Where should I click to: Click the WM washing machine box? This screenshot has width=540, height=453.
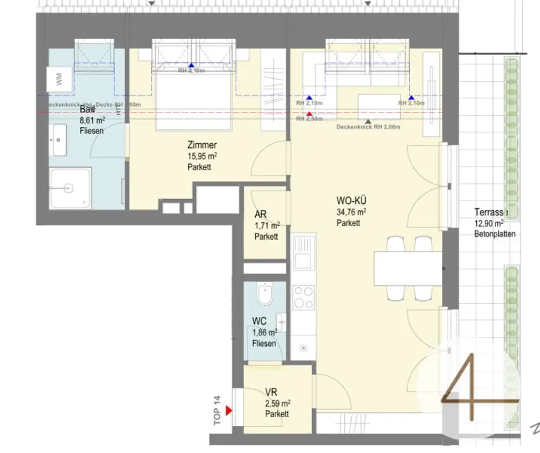[x=59, y=81]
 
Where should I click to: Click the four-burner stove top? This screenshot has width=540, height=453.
[x=303, y=297]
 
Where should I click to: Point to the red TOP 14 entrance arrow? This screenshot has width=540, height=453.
[x=229, y=410]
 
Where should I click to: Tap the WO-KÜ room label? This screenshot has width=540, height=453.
[x=352, y=201]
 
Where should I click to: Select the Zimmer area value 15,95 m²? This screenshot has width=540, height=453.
[x=202, y=156]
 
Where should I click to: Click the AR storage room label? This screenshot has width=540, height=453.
[x=261, y=214]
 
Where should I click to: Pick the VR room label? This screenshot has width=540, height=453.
[x=271, y=392]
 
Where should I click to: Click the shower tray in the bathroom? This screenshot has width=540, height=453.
[x=71, y=188]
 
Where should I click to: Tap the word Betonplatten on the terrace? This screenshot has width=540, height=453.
[x=495, y=234]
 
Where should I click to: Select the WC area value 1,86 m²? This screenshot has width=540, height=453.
[x=265, y=333]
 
